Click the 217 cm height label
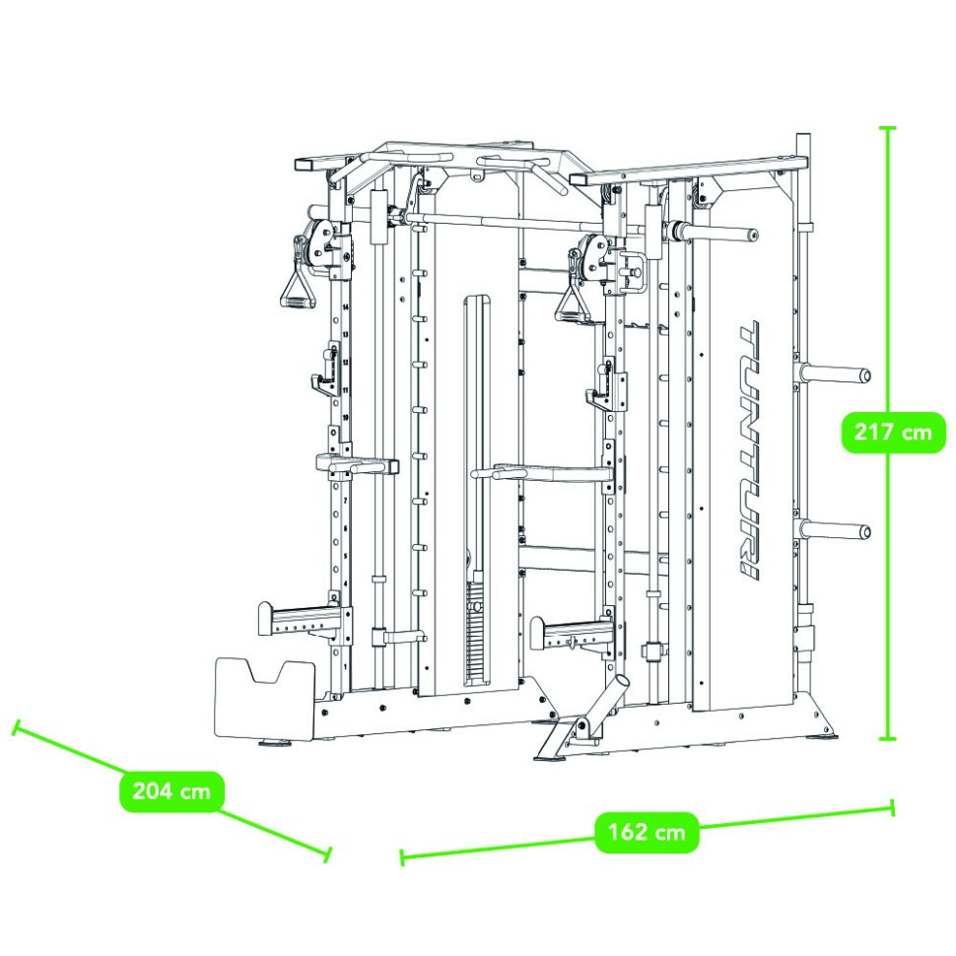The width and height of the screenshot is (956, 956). coord(894,432)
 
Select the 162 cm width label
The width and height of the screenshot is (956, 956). coord(647,832)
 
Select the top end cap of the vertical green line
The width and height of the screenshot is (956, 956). coord(888,128)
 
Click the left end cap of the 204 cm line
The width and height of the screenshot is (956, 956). coord(15,728)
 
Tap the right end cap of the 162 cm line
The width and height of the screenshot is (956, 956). coord(893,807)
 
